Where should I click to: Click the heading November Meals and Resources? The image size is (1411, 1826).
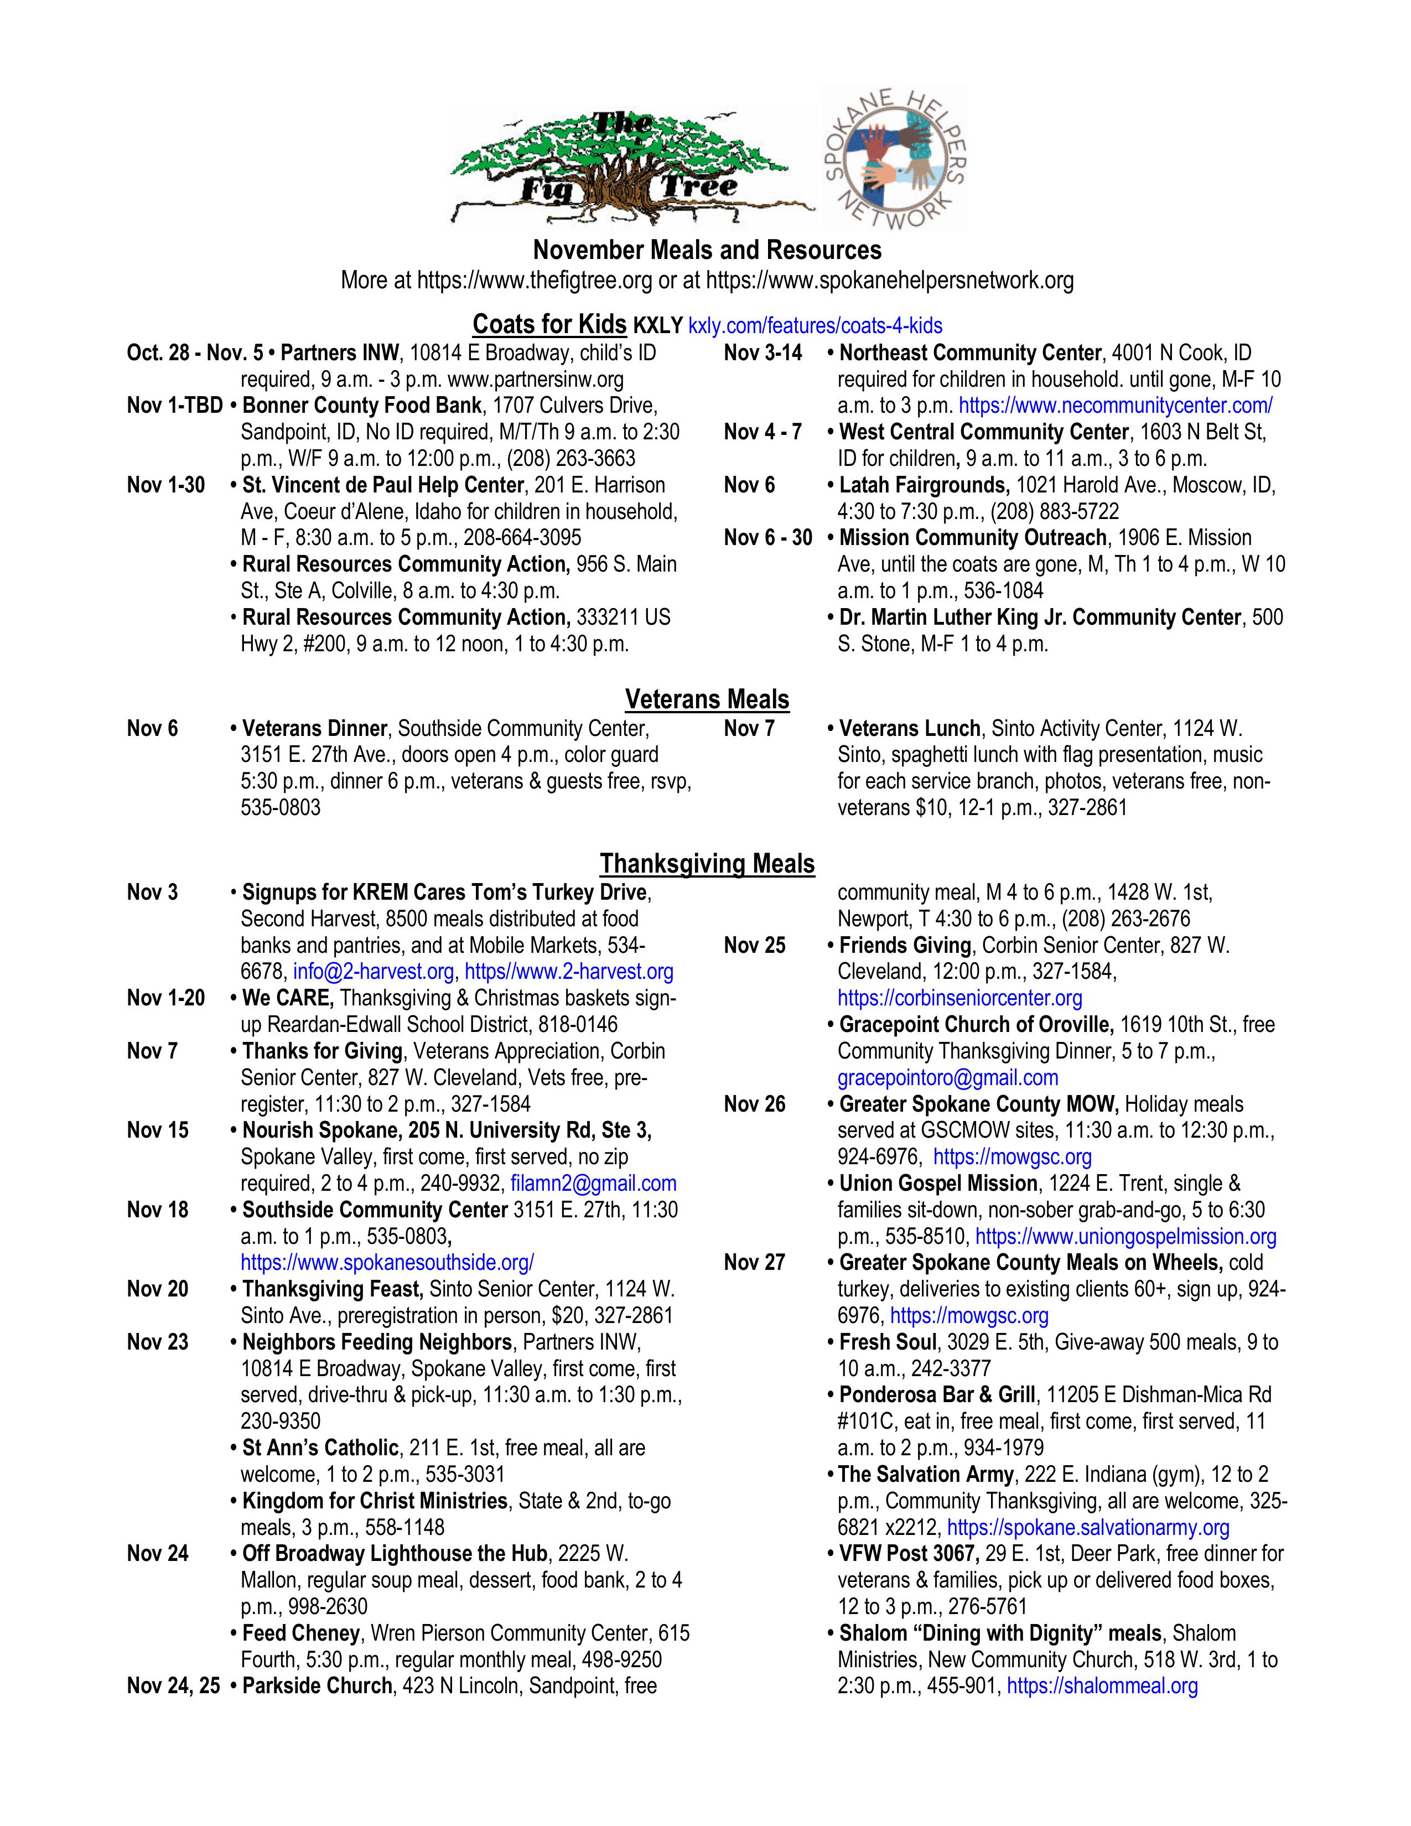click(x=707, y=250)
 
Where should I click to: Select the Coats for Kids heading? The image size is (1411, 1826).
click(x=549, y=324)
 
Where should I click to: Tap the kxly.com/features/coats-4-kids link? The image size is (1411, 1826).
click(x=815, y=326)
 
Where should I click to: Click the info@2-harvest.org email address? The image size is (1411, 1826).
click(x=373, y=972)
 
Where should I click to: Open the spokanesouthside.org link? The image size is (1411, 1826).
click(x=387, y=1263)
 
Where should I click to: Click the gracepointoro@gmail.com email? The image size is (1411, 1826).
click(x=947, y=1078)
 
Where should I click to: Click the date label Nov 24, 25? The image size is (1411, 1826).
click(x=173, y=1687)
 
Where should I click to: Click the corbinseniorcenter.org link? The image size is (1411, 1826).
click(x=959, y=998)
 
